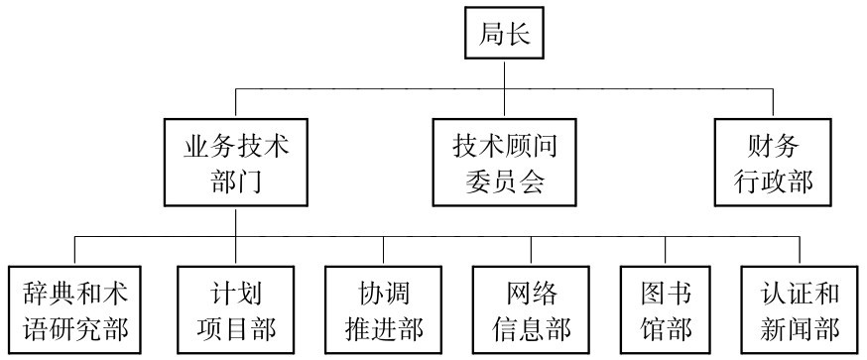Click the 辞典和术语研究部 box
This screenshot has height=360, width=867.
tap(75, 309)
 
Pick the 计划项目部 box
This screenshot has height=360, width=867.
tap(235, 309)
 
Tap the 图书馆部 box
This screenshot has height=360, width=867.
tap(667, 309)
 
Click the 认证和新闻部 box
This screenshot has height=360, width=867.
tap(801, 309)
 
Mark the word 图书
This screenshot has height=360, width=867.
tap(667, 293)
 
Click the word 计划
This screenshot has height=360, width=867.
tap(235, 293)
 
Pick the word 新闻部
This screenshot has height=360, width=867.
tap(801, 327)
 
